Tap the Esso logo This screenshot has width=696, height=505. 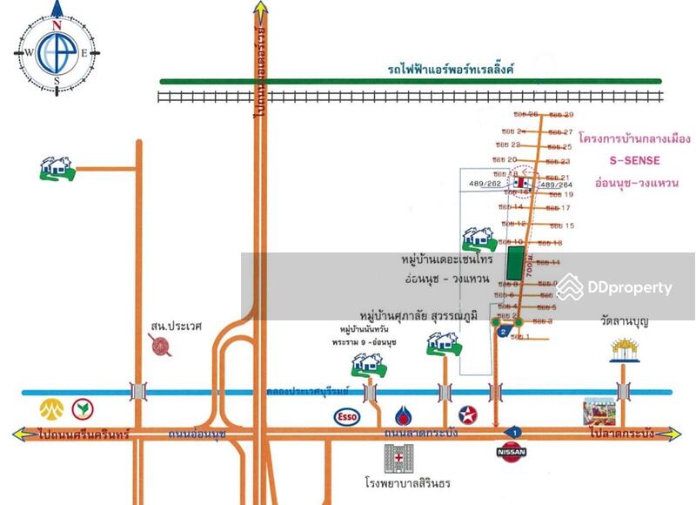point(345,415)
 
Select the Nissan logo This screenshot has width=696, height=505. point(511,452)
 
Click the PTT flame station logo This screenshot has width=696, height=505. point(403,414)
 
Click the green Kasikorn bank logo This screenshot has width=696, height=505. point(84,407)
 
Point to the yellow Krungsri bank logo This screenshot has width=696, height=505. point(48,407)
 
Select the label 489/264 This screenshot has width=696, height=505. point(557,185)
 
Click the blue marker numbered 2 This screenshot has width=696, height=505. point(503,331)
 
